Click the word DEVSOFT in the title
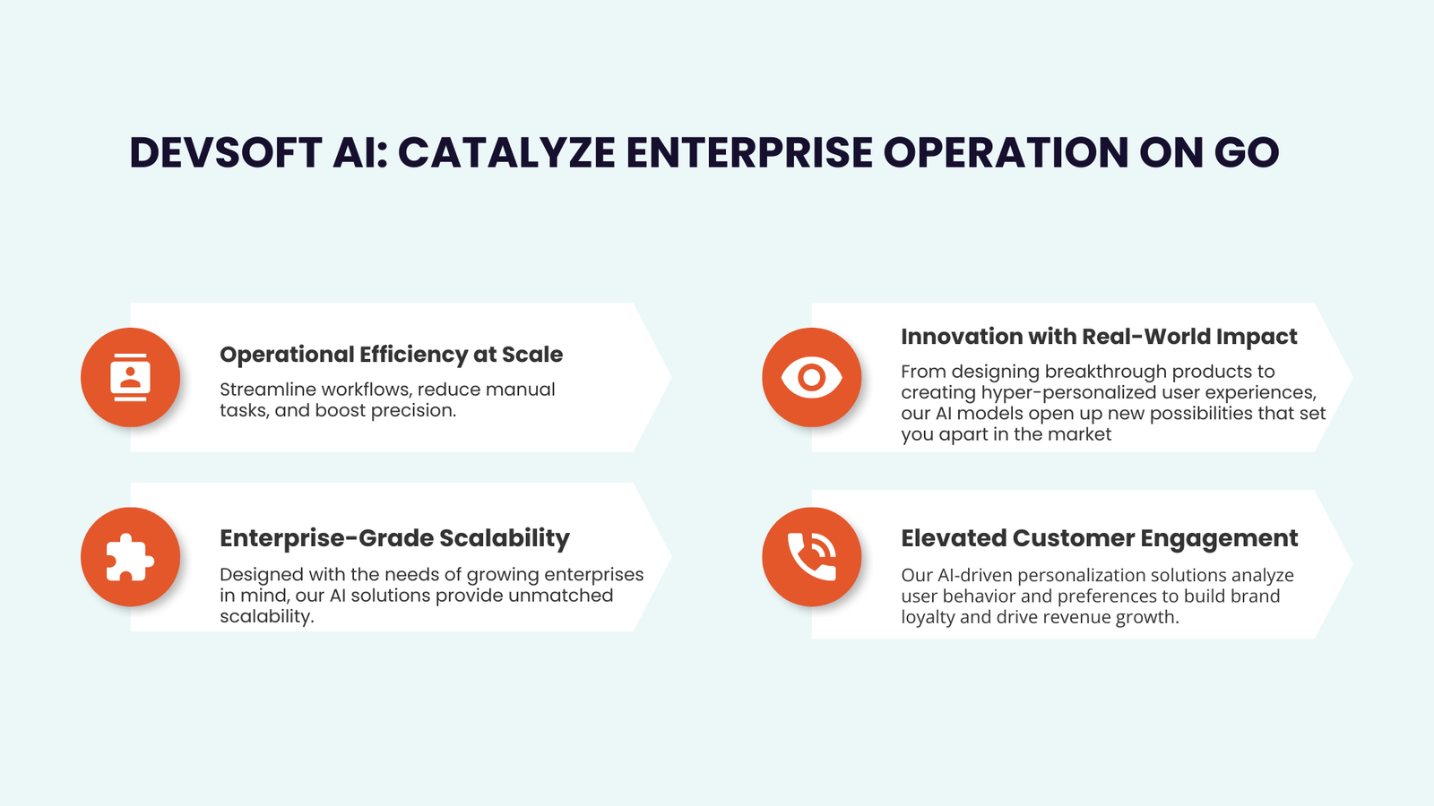pyautogui.click(x=225, y=153)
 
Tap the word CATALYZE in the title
pyautogui.click(x=506, y=153)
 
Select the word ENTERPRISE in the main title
pyautogui.click(x=749, y=153)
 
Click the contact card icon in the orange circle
pyautogui.click(x=131, y=377)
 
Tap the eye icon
pyautogui.click(x=812, y=377)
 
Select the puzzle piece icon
pyautogui.click(x=130, y=557)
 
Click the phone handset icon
pyautogui.click(x=812, y=556)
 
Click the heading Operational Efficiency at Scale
pyautogui.click(x=391, y=355)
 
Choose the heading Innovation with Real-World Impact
pyautogui.click(x=1099, y=337)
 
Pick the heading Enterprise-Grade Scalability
pyautogui.click(x=394, y=538)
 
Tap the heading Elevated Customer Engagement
pyautogui.click(x=1099, y=538)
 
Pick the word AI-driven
pyautogui.click(x=956, y=576)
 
